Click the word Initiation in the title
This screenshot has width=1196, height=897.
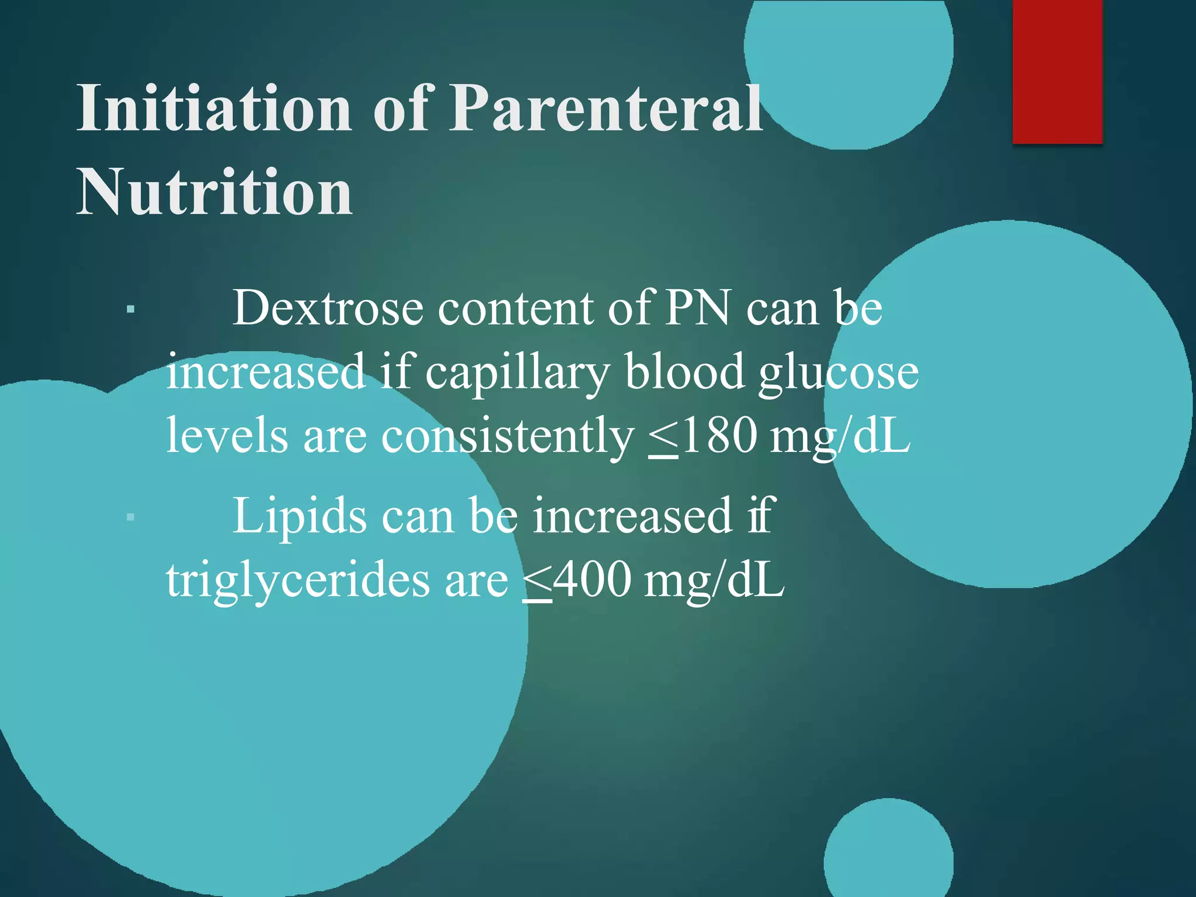coord(214,109)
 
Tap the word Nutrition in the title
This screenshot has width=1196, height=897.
coord(214,192)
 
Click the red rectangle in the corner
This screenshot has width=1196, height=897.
coord(1057,71)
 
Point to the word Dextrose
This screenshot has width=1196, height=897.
coord(328,308)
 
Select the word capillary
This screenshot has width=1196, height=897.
coord(517,374)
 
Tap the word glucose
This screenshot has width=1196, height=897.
coord(839,374)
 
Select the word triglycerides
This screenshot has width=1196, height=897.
coord(298,582)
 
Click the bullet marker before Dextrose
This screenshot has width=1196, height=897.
coord(131,309)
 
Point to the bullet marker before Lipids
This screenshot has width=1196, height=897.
coord(131,517)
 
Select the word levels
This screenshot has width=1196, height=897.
coord(227,437)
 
